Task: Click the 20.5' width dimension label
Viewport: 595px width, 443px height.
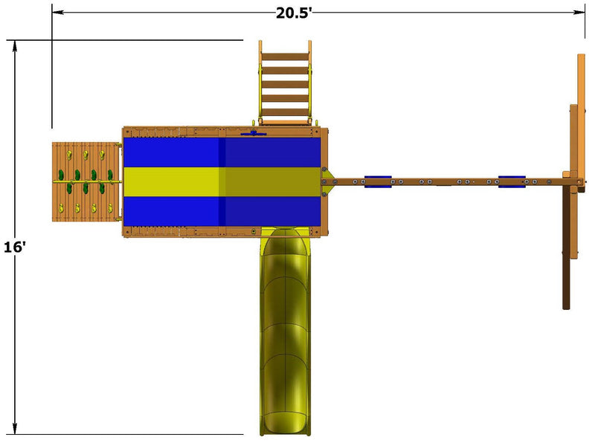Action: point(293,13)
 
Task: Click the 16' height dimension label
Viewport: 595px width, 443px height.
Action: point(15,247)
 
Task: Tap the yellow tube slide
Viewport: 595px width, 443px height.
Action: point(286,332)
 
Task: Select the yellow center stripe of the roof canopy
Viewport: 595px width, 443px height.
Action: point(222,181)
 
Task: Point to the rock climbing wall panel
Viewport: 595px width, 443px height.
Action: point(86,181)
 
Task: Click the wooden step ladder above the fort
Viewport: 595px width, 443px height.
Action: point(286,83)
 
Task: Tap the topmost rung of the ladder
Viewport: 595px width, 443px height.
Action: point(286,56)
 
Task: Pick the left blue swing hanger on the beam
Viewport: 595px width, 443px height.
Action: point(378,181)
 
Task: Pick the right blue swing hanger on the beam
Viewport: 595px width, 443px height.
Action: point(512,181)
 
